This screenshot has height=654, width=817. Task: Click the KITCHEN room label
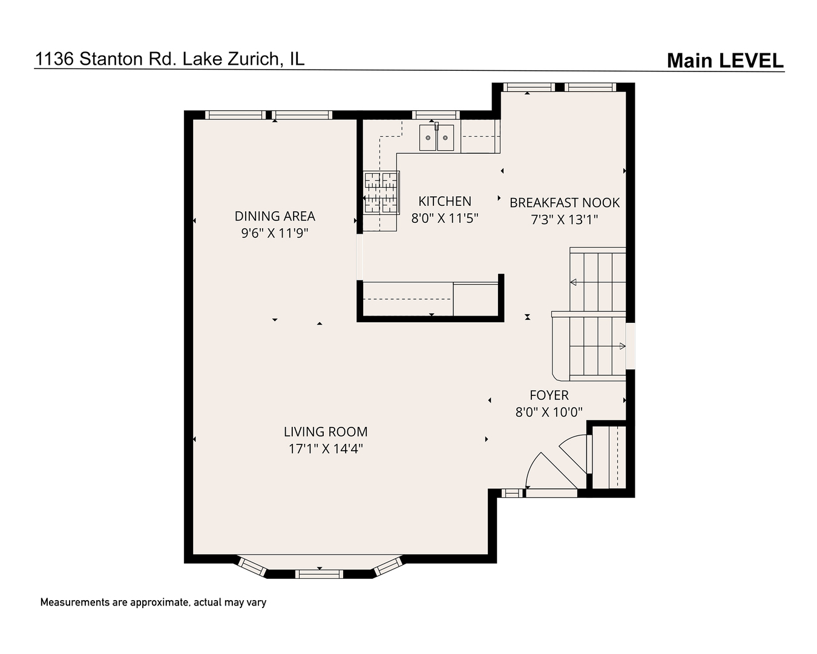click(x=445, y=201)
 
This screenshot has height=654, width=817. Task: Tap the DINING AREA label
click(x=275, y=216)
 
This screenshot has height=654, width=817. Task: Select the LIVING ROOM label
click(x=326, y=432)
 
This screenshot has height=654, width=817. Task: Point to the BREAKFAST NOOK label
click(x=565, y=203)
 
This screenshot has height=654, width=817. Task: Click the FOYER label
click(x=549, y=395)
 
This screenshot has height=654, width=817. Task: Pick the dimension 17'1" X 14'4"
click(x=326, y=449)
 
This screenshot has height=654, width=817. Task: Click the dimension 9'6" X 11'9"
click(x=275, y=233)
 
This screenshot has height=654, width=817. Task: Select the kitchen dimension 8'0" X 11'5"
click(x=445, y=218)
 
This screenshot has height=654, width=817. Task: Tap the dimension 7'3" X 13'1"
click(x=565, y=220)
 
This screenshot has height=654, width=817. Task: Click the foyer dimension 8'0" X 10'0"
click(x=549, y=412)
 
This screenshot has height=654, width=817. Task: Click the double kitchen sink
click(x=438, y=139)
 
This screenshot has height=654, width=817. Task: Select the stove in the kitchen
click(x=381, y=193)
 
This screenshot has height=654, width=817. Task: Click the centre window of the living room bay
click(x=319, y=573)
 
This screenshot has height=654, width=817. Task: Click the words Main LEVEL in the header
click(x=725, y=61)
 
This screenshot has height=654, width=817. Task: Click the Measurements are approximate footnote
click(x=153, y=603)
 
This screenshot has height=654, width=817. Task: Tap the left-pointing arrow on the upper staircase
click(x=573, y=282)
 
